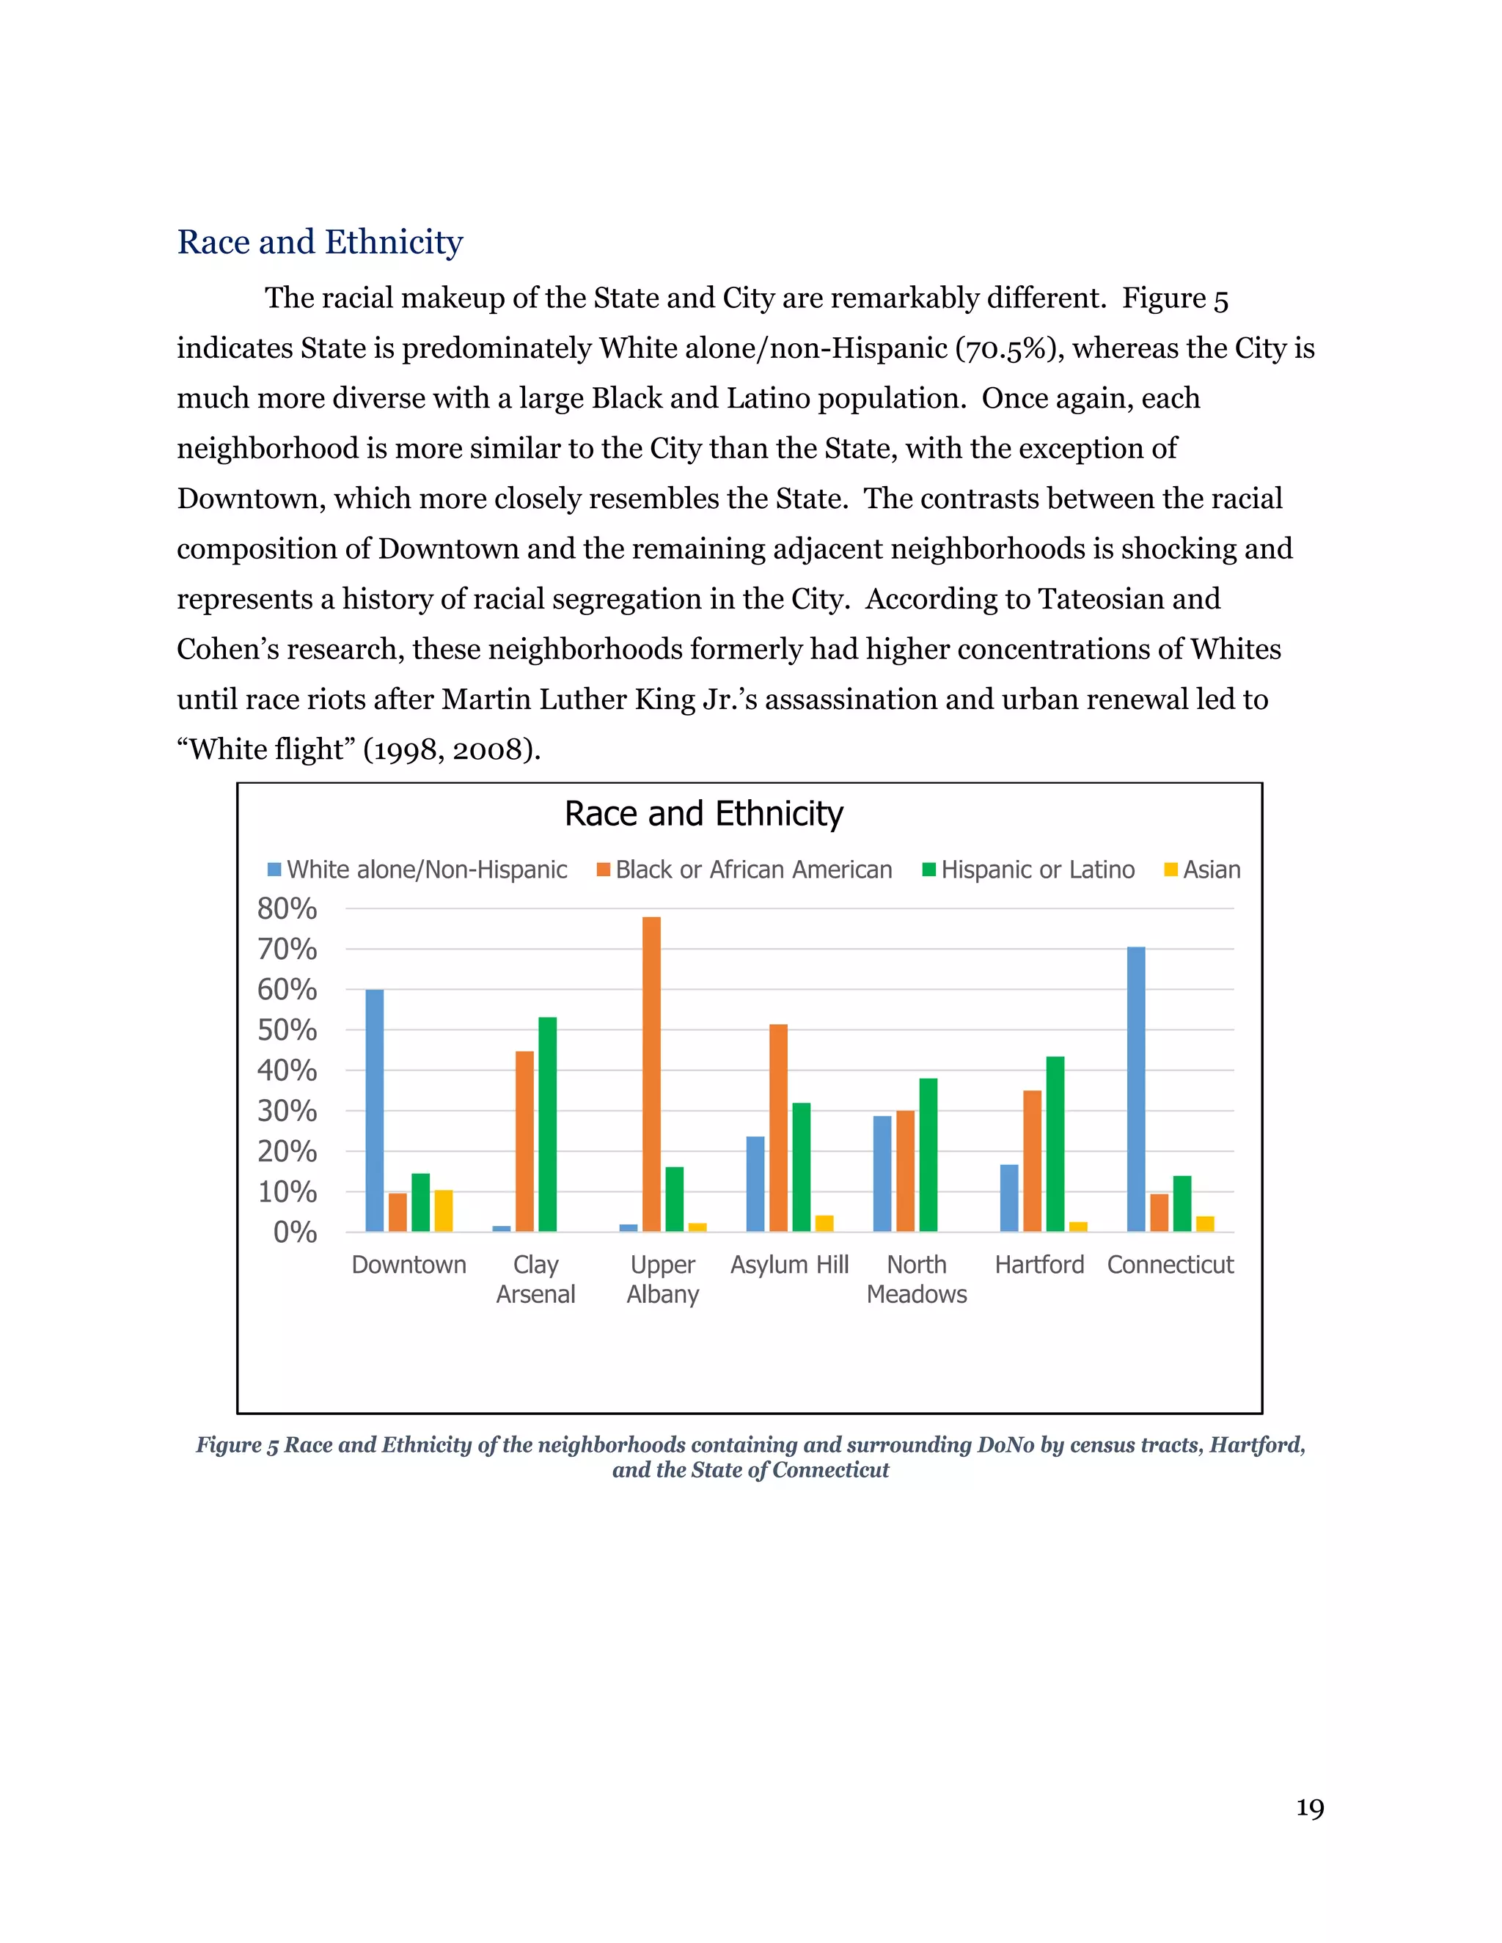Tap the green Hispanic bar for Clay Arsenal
pos(547,1125)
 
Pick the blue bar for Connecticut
pos(1136,1089)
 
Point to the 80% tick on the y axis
pos(287,908)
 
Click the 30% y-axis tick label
pos(287,1110)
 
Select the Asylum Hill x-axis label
pos(789,1264)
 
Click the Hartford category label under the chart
pos(1039,1264)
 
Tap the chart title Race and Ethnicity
pos(704,813)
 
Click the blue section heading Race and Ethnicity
pos(320,242)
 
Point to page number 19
pos(1309,1809)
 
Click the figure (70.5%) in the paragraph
pos(1010,349)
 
